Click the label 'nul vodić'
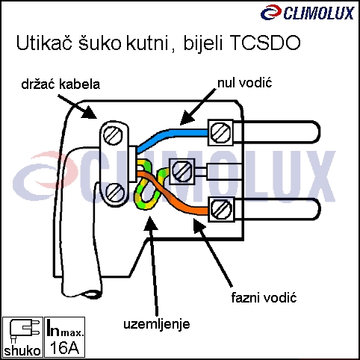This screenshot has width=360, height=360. point(245,83)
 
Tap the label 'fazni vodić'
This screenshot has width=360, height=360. point(264,297)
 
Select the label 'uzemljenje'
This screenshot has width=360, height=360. point(157,324)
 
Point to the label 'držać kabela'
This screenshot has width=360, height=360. point(60,84)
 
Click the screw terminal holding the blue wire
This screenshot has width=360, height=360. point(220,132)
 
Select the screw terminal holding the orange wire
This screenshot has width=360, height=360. point(222,209)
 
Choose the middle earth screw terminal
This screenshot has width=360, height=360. point(182,171)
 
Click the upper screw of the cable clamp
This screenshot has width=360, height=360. point(114,135)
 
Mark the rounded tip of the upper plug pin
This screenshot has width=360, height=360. point(319,132)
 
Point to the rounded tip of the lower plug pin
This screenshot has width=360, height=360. point(319,209)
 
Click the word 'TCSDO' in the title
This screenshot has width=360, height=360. point(265,43)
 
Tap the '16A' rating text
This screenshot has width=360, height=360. point(65,347)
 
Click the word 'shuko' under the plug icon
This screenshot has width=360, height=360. point(22,351)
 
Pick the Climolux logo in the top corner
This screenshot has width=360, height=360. point(307,13)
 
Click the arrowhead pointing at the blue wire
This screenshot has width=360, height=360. point(187,117)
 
